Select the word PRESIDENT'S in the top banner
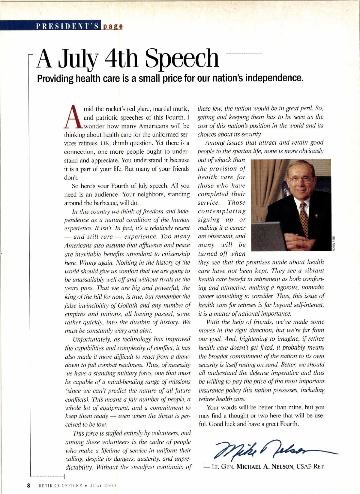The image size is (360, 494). [67, 26]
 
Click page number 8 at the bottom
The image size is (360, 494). [28, 486]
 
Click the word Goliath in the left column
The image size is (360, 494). [126, 306]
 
